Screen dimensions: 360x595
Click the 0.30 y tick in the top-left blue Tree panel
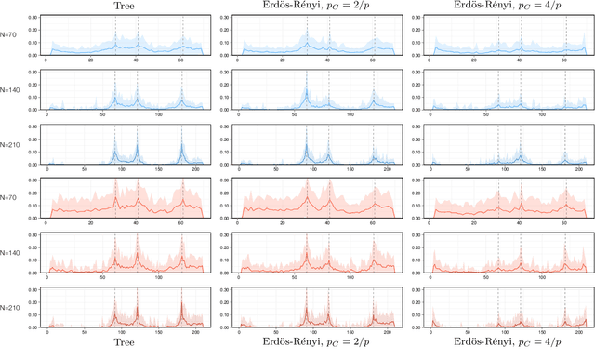point(33,18)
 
